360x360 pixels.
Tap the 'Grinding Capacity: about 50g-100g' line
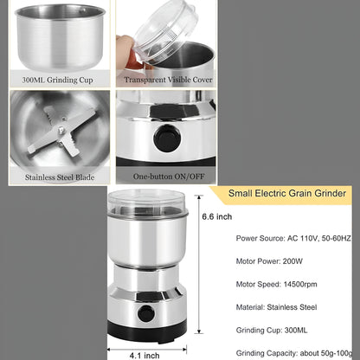click(293, 350)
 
